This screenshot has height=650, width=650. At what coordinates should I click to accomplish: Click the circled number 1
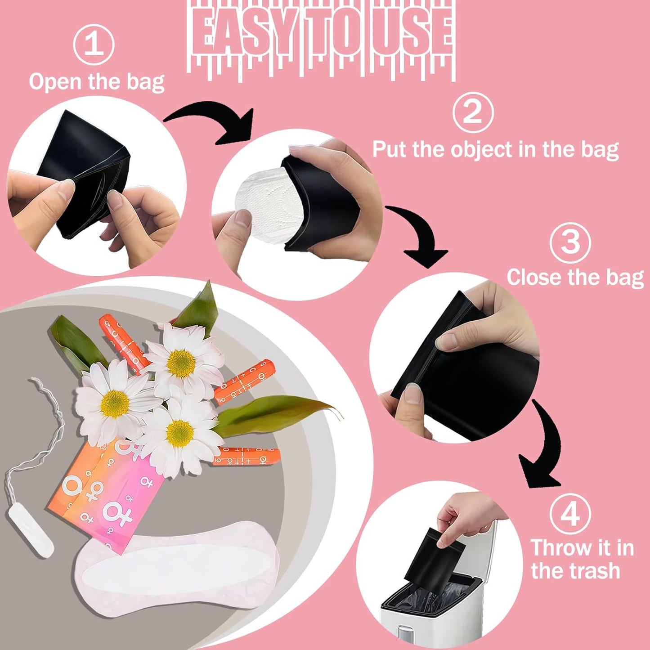point(94,45)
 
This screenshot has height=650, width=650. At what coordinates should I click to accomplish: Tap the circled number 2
point(473,112)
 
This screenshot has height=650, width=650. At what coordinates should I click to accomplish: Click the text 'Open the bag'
point(97,82)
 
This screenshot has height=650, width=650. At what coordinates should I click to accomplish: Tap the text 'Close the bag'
point(575,277)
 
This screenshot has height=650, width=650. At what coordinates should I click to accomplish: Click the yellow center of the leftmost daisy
point(115,403)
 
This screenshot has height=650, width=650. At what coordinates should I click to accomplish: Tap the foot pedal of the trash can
point(407,638)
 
